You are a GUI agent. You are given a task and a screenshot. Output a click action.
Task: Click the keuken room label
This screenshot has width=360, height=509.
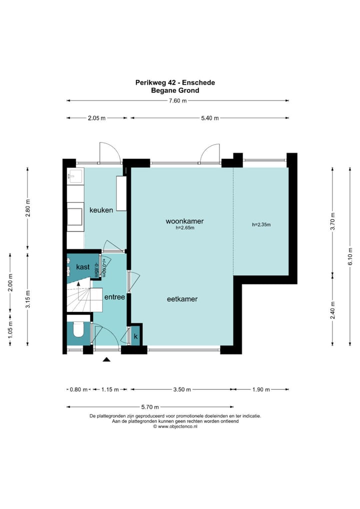pyautogui.click(x=101, y=210)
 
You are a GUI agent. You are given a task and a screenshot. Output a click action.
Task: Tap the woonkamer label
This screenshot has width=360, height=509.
pyautogui.click(x=184, y=221)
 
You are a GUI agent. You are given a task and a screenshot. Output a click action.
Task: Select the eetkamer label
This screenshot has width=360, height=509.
pyautogui.click(x=182, y=299)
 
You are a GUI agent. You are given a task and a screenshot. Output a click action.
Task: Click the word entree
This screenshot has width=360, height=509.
pyautogui.click(x=114, y=297)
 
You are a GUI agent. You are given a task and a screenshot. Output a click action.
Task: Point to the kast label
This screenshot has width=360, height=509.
pyautogui.click(x=83, y=267)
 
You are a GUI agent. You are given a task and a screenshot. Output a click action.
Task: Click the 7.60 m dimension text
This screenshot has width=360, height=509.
pyautogui.click(x=178, y=100)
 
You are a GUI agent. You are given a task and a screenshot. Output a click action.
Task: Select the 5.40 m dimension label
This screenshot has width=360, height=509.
pyautogui.click(x=209, y=118)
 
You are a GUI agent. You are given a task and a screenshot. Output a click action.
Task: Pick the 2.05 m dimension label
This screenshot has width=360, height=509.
pyautogui.click(x=96, y=118)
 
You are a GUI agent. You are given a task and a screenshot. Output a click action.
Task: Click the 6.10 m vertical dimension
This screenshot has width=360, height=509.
pyautogui.click(x=350, y=256)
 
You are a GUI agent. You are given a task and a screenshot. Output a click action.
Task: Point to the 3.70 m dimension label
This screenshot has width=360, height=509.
pyautogui.click(x=332, y=221)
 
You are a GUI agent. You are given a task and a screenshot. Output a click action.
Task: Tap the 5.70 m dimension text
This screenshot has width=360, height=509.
pyautogui.click(x=149, y=406)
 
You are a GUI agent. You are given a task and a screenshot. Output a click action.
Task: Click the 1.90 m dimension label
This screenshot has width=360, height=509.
pyautogui.click(x=261, y=389)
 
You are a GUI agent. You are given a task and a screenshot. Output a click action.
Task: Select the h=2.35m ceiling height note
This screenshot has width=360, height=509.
pyautogui.click(x=261, y=224)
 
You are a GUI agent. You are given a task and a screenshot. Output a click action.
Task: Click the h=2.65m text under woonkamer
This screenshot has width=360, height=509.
pyautogui.click(x=185, y=228)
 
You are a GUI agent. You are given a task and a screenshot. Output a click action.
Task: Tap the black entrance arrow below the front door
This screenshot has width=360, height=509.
pyautogui.click(x=106, y=359)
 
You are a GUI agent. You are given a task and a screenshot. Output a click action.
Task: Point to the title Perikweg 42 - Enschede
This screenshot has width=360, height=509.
pyautogui.click(x=175, y=82)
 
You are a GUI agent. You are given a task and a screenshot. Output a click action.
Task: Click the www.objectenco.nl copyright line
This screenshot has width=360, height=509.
pyautogui.click(x=175, y=427)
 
